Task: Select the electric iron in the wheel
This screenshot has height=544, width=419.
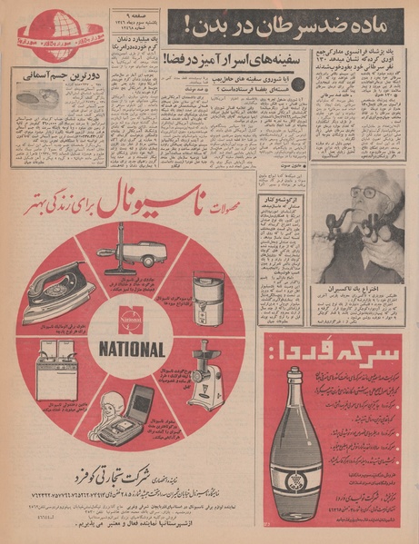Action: tap(59, 291)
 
